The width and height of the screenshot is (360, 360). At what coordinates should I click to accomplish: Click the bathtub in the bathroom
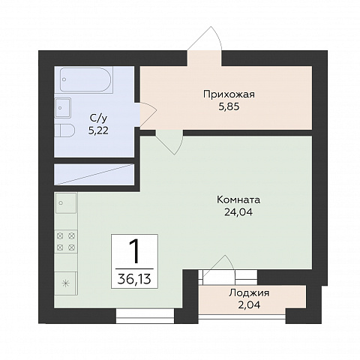tap(86, 79)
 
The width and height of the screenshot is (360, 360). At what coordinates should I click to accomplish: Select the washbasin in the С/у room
tap(63, 107)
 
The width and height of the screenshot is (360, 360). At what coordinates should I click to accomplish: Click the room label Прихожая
tap(229, 94)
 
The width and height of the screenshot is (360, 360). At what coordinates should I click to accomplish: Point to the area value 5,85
tap(229, 106)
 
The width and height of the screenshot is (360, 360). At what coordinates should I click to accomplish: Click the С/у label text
tap(98, 118)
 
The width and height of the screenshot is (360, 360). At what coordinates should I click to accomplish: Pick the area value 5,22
tap(98, 130)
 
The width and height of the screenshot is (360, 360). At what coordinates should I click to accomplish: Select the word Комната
tap(238, 200)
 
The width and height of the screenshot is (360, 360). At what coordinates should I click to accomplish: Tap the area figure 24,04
tap(238, 212)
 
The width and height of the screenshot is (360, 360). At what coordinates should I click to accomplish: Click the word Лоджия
tap(249, 293)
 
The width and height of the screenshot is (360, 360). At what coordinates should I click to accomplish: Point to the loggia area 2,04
tap(249, 304)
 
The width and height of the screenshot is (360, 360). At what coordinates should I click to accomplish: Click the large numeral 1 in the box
tap(134, 251)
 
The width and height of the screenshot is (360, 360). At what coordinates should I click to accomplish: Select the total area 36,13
tap(134, 279)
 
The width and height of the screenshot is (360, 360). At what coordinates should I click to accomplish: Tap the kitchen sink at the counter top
tap(66, 202)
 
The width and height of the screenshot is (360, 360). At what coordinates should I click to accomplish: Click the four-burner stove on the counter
tap(66, 241)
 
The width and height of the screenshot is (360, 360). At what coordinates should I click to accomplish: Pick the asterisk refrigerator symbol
tap(65, 283)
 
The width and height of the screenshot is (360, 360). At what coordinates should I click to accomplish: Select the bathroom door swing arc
tap(148, 114)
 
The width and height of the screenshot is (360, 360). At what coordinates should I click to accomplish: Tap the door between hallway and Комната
tap(169, 142)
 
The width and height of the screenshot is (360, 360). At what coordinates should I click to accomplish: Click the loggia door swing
tap(219, 265)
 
